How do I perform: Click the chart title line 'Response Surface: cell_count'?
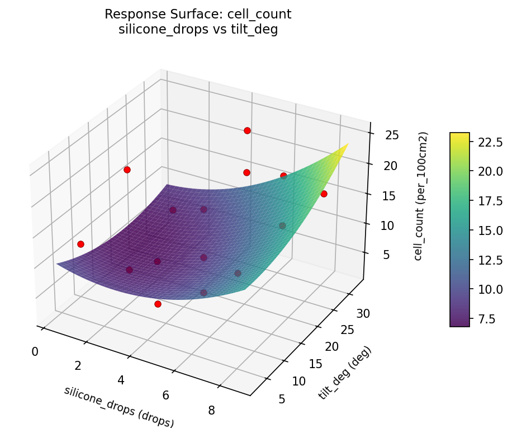pos(198,15)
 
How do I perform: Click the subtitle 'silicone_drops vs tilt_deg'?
pos(198,30)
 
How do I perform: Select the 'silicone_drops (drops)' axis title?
pos(119,407)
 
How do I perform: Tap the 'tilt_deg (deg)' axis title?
pos(344,373)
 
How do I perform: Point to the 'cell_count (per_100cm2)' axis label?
pos(423,196)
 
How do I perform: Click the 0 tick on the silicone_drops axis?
pos(35,351)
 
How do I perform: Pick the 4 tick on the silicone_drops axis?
pos(121,380)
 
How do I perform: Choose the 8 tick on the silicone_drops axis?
pos(212,411)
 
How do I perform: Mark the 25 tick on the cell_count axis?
pos(391,135)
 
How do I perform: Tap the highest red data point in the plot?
pos(247,130)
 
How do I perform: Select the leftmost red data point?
pos(80,244)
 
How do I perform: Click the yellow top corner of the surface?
pos(347,144)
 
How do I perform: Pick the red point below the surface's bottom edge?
pos(158,304)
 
